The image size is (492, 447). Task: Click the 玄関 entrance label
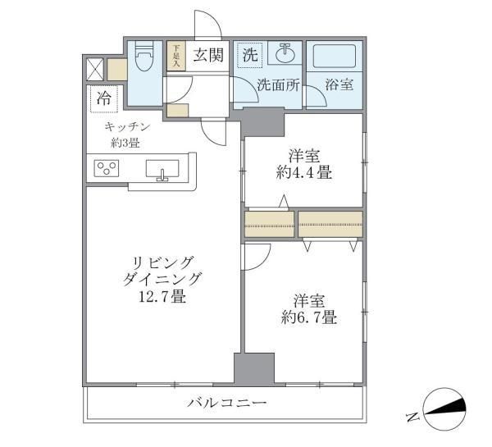point(208,56)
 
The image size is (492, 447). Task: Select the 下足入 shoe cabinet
point(175,56)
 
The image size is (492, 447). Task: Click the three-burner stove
point(107,170)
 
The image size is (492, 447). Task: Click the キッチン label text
point(128,127)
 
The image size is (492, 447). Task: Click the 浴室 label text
point(339,84)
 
